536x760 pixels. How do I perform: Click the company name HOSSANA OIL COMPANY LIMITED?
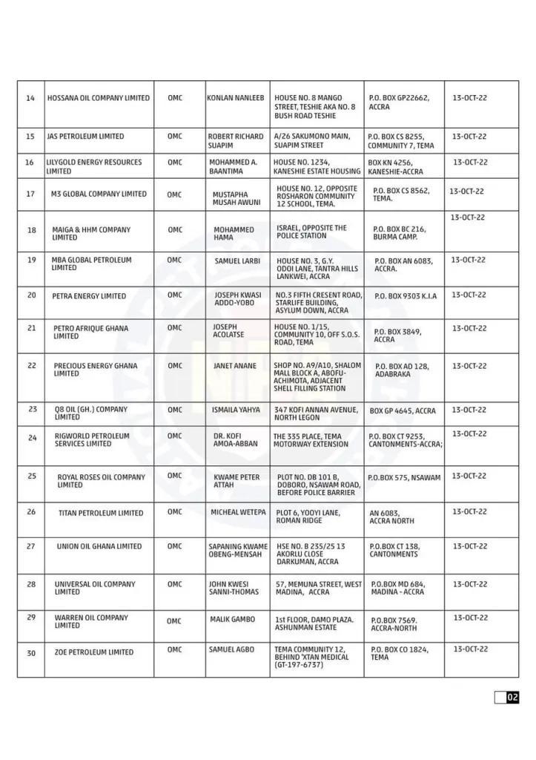click(x=98, y=98)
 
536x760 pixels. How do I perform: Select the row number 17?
click(x=30, y=194)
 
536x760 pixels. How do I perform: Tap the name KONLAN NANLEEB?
click(x=235, y=98)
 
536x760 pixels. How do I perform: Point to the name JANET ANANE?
click(x=235, y=366)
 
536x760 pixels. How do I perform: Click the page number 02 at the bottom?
click(x=512, y=697)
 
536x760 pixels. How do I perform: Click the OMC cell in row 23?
click(x=174, y=410)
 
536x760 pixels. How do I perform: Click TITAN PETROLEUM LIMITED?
click(x=101, y=513)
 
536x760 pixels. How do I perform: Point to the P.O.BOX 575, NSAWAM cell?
click(x=404, y=477)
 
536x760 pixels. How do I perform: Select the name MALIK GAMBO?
click(x=232, y=619)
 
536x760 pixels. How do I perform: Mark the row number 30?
click(x=31, y=652)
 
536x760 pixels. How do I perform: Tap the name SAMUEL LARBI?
click(x=236, y=261)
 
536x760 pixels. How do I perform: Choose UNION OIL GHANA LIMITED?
click(x=99, y=546)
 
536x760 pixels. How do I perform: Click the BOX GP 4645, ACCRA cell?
click(x=403, y=410)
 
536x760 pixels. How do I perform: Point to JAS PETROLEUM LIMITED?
click(x=85, y=137)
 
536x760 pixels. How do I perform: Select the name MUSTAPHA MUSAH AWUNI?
click(x=236, y=198)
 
